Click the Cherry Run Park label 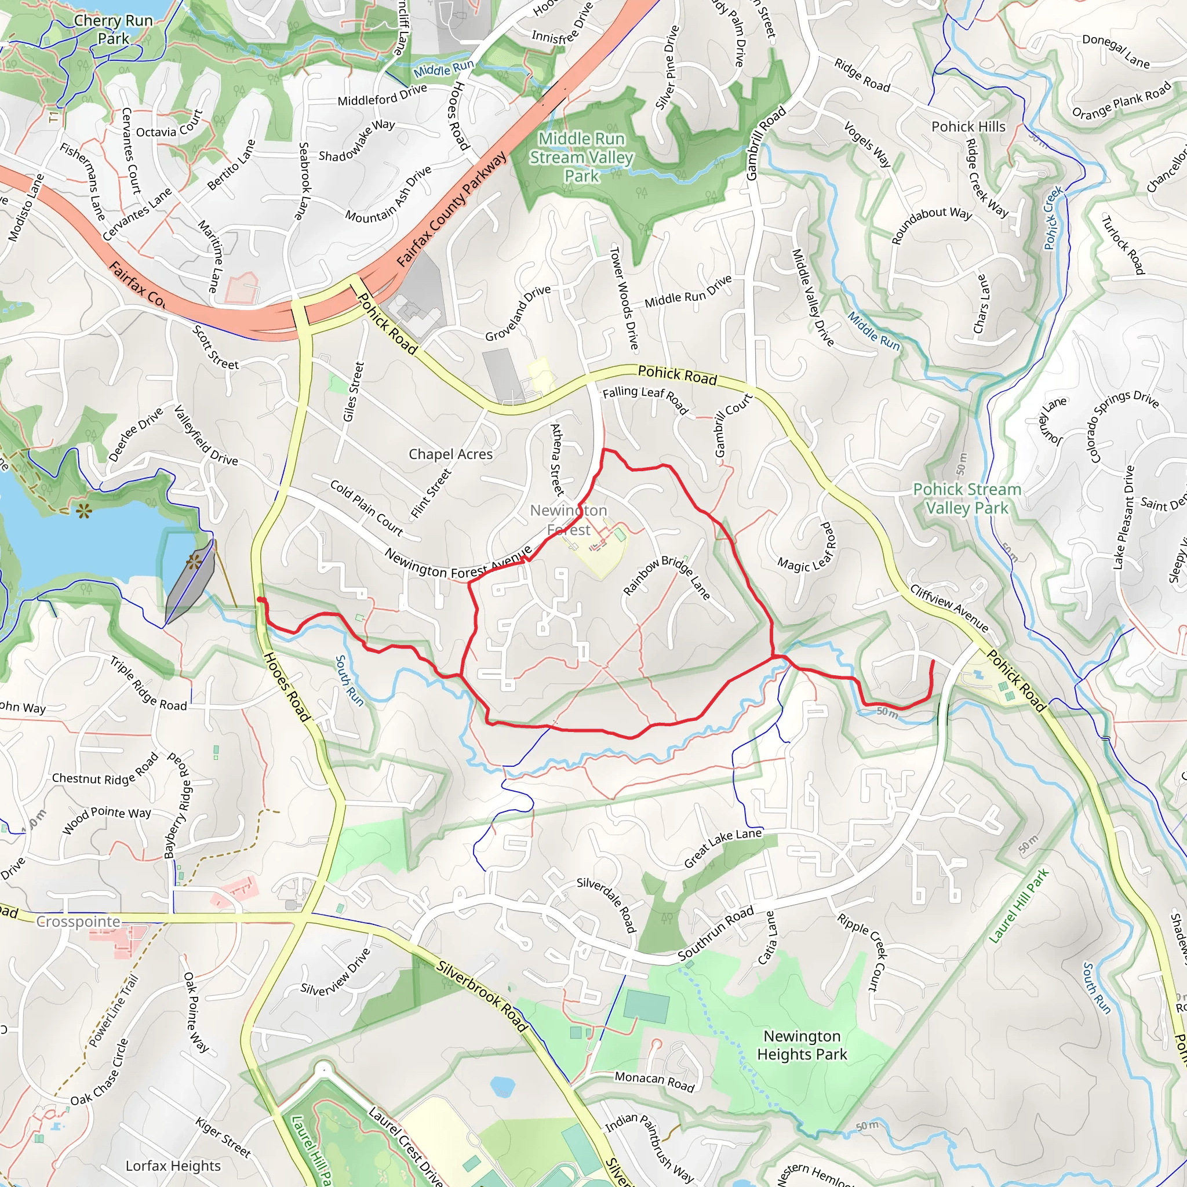point(113,30)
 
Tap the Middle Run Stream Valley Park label point(581,157)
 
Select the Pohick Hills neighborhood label point(968,126)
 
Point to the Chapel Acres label point(450,454)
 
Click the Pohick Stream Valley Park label point(967,498)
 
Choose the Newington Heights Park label point(802,1045)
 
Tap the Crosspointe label point(78,922)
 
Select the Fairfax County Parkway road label point(452,209)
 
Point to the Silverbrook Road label point(482,996)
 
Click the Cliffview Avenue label point(949,607)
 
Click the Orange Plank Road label point(1122,100)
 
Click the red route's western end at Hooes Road point(260,600)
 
